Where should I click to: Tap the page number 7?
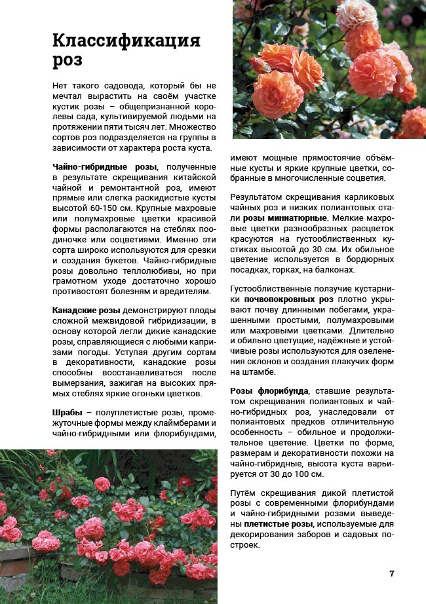tap(392, 574)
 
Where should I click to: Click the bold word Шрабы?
tap(68, 413)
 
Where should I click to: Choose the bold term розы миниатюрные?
tap(284, 217)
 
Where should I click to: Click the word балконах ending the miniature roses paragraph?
tap(334, 269)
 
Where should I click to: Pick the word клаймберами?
tap(185, 423)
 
